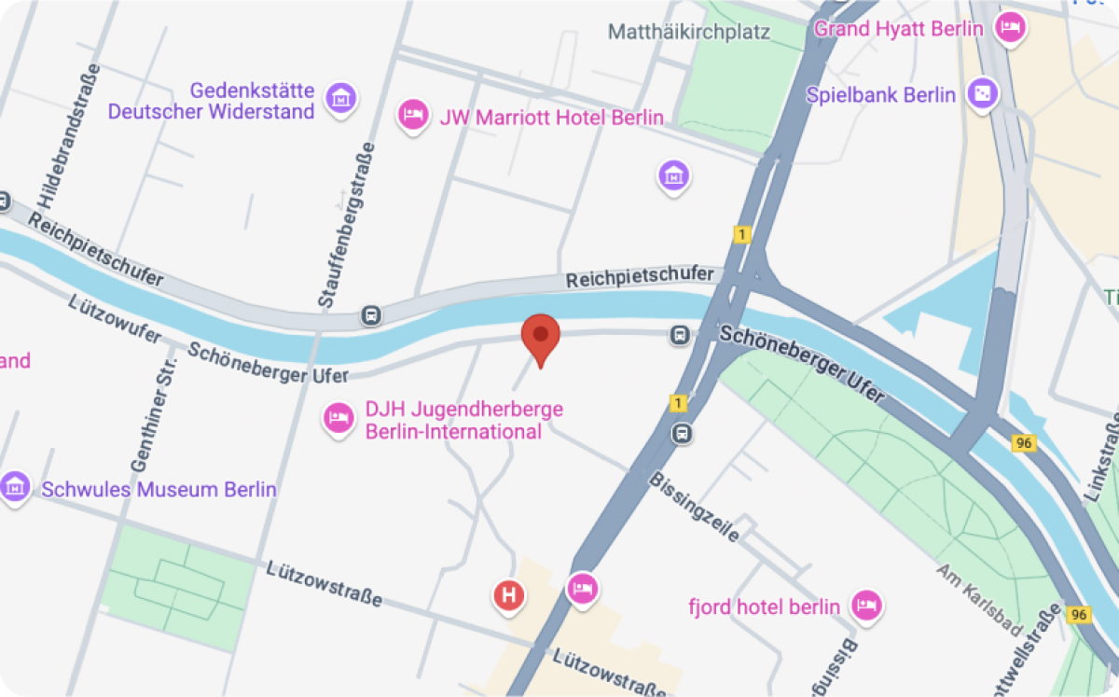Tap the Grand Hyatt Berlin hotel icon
[x=1009, y=27]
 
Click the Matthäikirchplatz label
[x=689, y=32]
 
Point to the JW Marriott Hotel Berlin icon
[x=412, y=116]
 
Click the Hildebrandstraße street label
[x=69, y=136]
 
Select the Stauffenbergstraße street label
[x=346, y=225]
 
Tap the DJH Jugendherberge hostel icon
[x=338, y=418]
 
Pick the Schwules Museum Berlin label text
[x=159, y=489]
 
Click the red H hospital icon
[x=509, y=593]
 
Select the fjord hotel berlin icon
[x=867, y=604]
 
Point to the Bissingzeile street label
[x=696, y=508]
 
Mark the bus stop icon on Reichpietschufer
[x=372, y=315]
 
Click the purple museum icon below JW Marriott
[x=673, y=174]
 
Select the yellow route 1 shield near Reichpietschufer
[x=741, y=235]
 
